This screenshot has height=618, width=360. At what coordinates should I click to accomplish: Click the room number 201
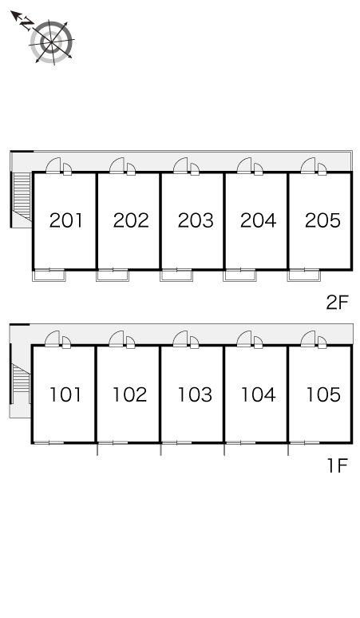point(66,220)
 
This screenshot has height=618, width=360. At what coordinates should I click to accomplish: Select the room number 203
point(196,220)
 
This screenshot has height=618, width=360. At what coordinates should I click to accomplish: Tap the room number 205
point(322,220)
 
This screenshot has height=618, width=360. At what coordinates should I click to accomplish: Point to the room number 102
point(130,394)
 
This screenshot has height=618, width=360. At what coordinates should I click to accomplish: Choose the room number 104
point(259,394)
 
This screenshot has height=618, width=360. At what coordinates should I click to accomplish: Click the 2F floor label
point(338,303)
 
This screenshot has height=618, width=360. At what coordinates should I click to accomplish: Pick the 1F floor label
point(338,465)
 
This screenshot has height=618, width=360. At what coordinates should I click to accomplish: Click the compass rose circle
point(52,42)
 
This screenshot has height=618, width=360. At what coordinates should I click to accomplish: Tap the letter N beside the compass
point(27,25)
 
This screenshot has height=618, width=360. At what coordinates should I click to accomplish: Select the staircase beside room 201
point(22,196)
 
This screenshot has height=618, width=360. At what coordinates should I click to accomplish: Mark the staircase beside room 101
point(22,383)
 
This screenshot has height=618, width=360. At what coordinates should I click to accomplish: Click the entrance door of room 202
point(117,165)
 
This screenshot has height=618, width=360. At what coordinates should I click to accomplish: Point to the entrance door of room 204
point(244,165)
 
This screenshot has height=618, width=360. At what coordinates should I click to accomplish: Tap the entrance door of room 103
point(180,339)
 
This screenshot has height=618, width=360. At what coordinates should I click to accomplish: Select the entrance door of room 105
point(307,339)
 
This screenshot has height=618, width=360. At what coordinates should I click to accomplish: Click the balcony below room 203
point(176,275)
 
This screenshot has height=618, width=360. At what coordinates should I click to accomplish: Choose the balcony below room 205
point(303,275)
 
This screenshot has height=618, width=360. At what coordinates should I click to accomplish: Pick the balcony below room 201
point(49,275)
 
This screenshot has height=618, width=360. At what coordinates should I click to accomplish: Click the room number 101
point(65,394)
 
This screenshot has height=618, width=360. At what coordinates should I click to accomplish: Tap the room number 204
point(259,220)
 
